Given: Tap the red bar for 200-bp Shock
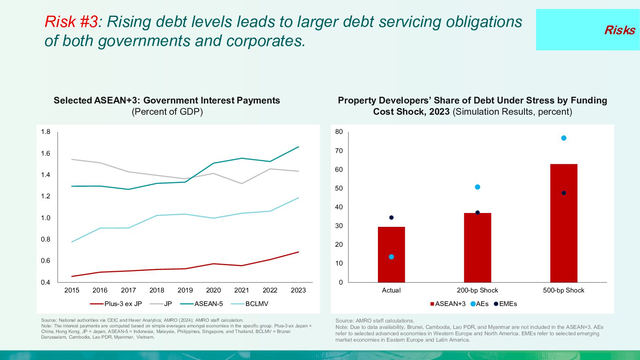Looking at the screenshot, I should tap(477, 247).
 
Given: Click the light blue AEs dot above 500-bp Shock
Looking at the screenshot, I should tap(564, 138).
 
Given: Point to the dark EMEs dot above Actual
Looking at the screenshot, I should tap(391, 217).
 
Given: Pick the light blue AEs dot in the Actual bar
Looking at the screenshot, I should tap(391, 257).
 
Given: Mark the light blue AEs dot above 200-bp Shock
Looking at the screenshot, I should tap(477, 187).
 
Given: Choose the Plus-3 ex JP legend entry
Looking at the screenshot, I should tap(116, 304).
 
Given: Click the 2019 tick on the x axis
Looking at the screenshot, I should tap(185, 290).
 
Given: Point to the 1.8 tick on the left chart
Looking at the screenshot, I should tap(45, 132).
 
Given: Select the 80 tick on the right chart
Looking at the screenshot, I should tap(339, 132).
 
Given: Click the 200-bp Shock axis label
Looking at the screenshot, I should tap(477, 290).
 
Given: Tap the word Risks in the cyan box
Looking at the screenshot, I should tap(619, 30).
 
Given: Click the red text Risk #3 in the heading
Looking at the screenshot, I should tap(71, 22).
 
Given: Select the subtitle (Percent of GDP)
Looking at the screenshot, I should tap(167, 112).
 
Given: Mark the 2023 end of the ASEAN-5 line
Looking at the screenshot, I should tap(298, 147).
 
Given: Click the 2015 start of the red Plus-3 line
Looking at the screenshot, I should tap(72, 276).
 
